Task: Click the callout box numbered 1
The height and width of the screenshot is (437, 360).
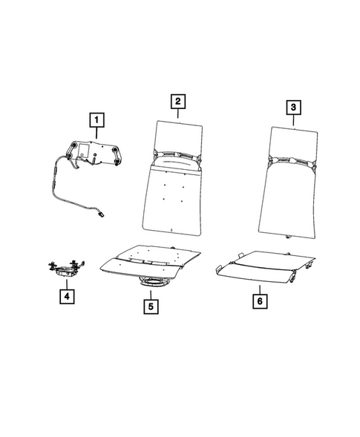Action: pyautogui.click(x=96, y=118)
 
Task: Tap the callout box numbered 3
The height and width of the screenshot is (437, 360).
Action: pyautogui.click(x=295, y=108)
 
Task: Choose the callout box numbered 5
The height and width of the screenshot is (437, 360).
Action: pyautogui.click(x=151, y=305)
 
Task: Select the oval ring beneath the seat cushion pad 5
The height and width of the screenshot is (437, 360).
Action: pyautogui.click(x=153, y=282)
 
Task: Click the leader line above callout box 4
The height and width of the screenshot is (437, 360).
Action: pyautogui.click(x=66, y=283)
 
